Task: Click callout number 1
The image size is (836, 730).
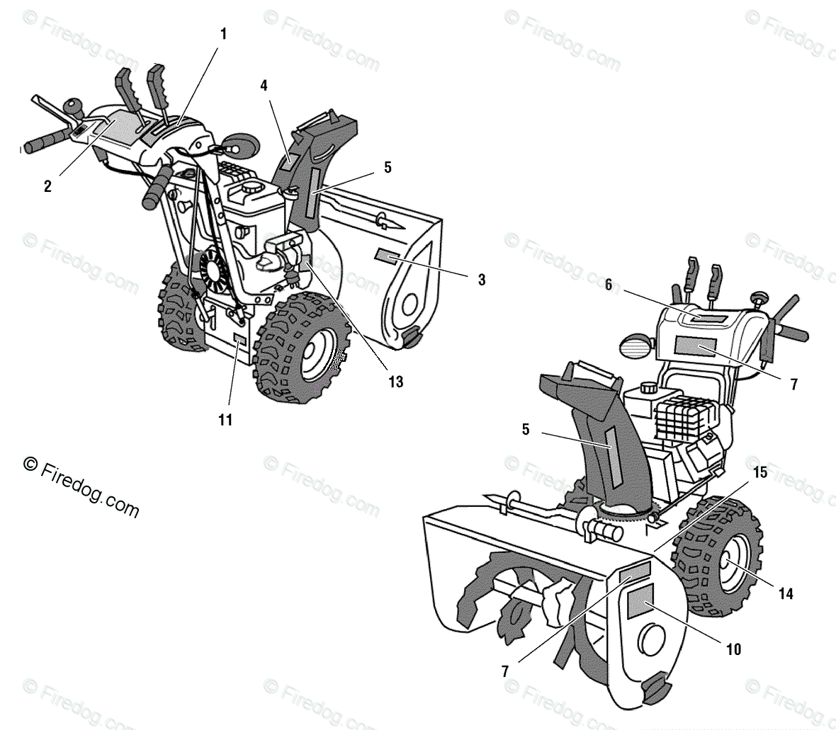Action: pos(224,33)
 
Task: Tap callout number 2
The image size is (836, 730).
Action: pos(47,187)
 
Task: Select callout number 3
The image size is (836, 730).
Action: pos(482,280)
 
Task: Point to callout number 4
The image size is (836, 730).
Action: pos(264,86)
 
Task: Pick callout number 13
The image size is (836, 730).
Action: pos(395,382)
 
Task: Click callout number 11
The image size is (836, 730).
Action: pos(225,419)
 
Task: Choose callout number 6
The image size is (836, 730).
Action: pos(608,285)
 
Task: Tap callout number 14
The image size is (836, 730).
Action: pos(785,594)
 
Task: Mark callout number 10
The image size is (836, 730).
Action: pos(734,649)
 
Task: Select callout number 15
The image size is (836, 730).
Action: pos(759,473)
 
